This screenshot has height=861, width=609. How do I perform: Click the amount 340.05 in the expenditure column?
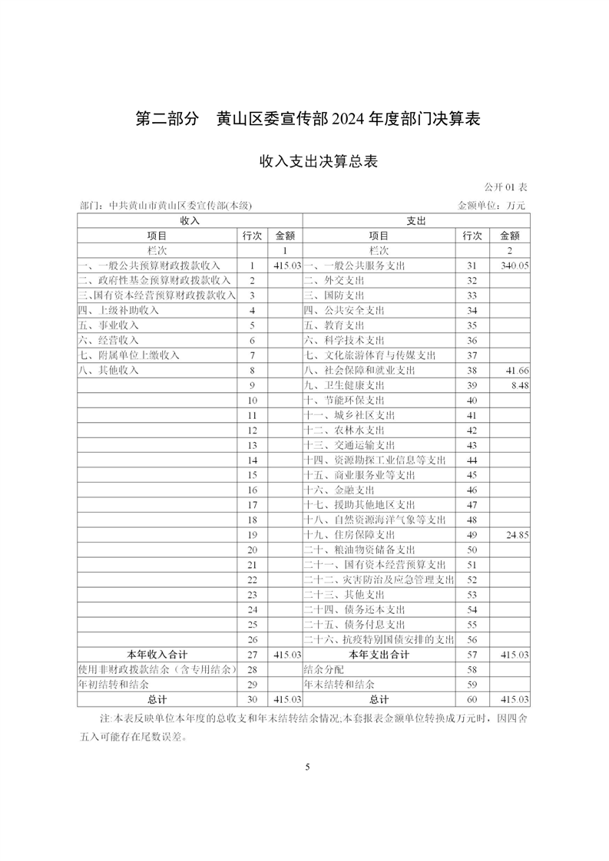point(515,266)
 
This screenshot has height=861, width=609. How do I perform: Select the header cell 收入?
point(189,221)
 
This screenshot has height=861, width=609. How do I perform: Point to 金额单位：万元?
point(492,206)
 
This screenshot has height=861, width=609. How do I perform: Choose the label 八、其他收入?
point(108,371)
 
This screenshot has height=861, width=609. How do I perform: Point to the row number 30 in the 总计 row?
point(252,700)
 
